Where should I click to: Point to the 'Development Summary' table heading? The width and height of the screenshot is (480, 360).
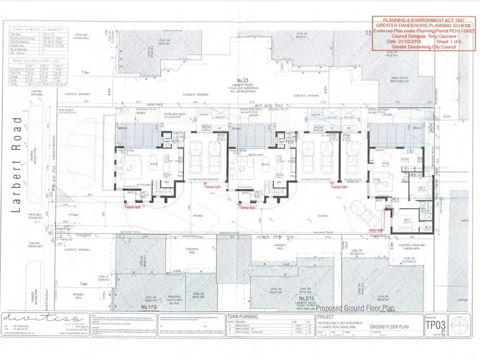click(37, 29)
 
